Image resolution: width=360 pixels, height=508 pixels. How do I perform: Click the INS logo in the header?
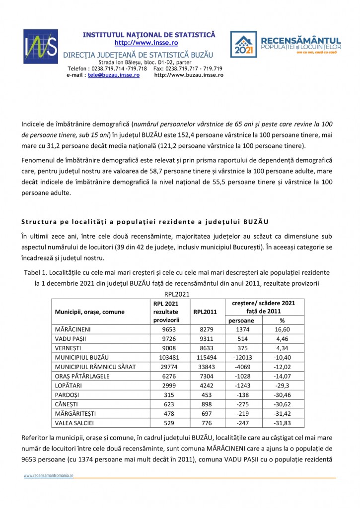click(40, 46)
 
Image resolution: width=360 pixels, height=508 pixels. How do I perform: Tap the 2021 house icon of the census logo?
click(243, 45)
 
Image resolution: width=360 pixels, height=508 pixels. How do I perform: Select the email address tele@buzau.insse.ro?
click(113, 75)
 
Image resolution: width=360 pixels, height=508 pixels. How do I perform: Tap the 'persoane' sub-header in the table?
click(241, 320)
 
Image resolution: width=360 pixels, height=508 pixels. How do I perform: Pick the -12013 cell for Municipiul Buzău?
click(241, 357)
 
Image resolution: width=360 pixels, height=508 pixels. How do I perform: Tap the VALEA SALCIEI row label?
click(75, 423)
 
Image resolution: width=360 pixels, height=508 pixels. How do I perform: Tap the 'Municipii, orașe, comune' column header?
click(90, 312)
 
